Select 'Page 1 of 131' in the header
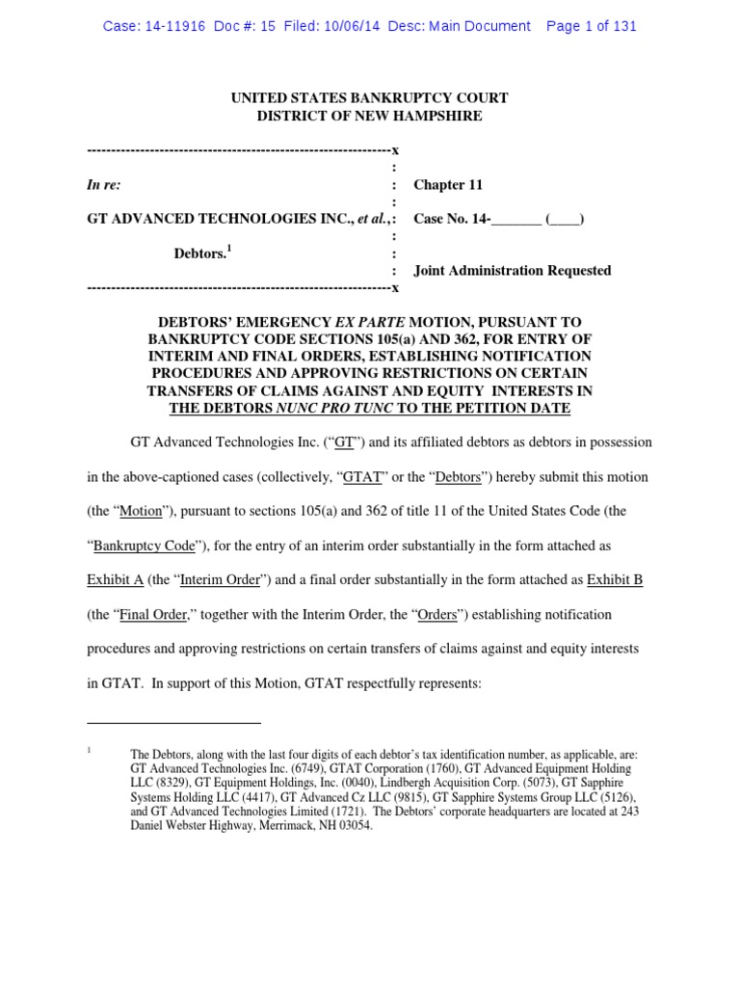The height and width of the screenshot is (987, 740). coord(591,26)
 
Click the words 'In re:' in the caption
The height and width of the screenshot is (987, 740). coord(104,185)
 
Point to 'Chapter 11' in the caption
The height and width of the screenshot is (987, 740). coord(448,185)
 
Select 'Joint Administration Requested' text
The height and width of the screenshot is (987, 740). coord(512,271)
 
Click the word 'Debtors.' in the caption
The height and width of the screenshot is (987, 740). coord(199,254)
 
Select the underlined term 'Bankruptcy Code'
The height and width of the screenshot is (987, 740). coord(145,546)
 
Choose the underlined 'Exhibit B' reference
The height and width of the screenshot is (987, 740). coord(620,580)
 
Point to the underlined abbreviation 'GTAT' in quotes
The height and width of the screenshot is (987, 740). coord(356,477)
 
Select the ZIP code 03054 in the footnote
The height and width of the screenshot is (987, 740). coord(352,826)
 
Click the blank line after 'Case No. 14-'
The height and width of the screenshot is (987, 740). coord(516,220)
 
